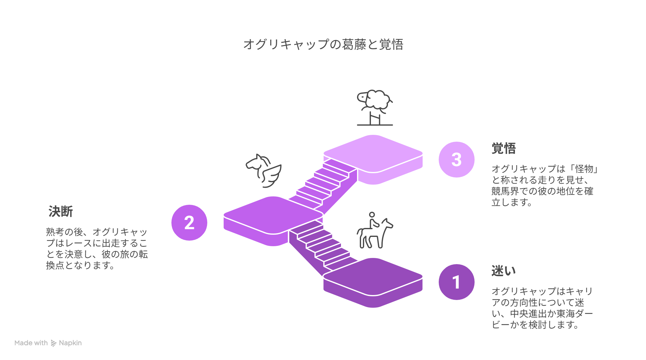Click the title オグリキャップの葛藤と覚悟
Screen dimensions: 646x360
323,45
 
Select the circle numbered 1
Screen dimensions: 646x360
456,282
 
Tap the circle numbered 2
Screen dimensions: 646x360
189,223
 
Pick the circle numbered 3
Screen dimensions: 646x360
456,160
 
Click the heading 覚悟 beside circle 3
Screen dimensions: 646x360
504,148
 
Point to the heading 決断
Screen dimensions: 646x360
61,212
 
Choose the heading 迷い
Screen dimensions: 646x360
504,271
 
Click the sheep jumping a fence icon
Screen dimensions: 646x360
375,108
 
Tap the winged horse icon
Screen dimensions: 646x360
264,171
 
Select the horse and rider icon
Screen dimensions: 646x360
375,230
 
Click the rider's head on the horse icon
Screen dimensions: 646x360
372,215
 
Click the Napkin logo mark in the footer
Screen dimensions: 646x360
54,343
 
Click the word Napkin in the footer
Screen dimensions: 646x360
70,343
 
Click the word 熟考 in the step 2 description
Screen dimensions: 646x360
55,232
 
